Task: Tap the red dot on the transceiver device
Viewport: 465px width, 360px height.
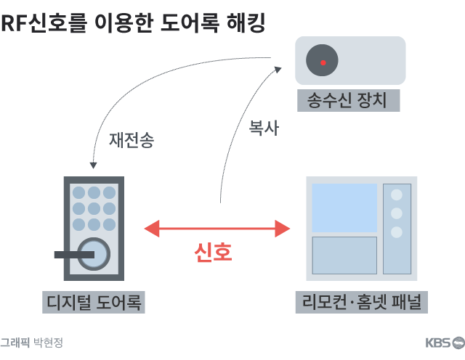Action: [x=323, y=61]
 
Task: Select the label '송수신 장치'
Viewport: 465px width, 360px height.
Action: [x=349, y=99]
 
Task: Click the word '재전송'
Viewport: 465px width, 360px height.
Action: [x=132, y=140]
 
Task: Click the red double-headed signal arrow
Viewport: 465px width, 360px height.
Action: [x=217, y=229]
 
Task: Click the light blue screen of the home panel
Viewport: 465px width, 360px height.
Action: [x=344, y=208]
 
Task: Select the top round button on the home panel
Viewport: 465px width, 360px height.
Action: [x=397, y=195]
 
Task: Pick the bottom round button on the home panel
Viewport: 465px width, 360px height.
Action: [x=397, y=232]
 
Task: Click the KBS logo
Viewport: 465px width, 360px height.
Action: [x=444, y=343]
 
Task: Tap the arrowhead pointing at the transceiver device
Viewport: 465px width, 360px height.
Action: [x=279, y=68]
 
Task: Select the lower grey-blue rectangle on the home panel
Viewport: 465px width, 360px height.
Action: [x=344, y=255]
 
